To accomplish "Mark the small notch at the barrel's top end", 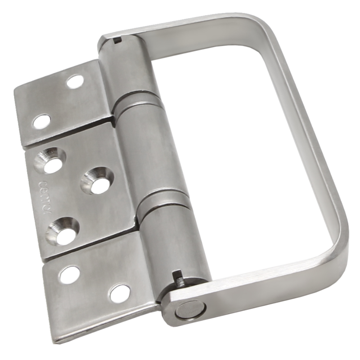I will (x=117, y=41).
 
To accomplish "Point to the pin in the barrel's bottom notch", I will (x=179, y=278).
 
